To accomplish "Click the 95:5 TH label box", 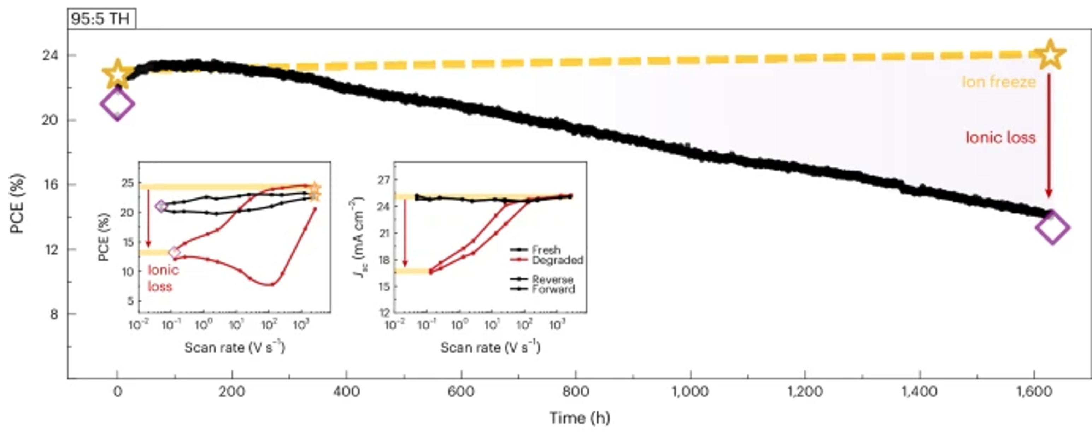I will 101,19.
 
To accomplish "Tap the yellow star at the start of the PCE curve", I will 118,74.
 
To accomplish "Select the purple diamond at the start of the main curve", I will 117,104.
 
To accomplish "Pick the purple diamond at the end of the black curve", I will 1052,228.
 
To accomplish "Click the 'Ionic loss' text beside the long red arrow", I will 1000,138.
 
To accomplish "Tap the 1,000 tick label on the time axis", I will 691,391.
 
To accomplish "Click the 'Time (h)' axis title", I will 580,418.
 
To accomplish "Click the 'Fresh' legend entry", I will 546,250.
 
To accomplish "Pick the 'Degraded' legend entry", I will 557,260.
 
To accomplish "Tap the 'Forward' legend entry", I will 553,289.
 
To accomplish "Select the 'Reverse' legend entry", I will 552,279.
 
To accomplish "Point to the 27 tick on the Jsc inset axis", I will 384,180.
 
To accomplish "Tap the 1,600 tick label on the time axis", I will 1034,391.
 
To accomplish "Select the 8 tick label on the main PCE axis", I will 54,314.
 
